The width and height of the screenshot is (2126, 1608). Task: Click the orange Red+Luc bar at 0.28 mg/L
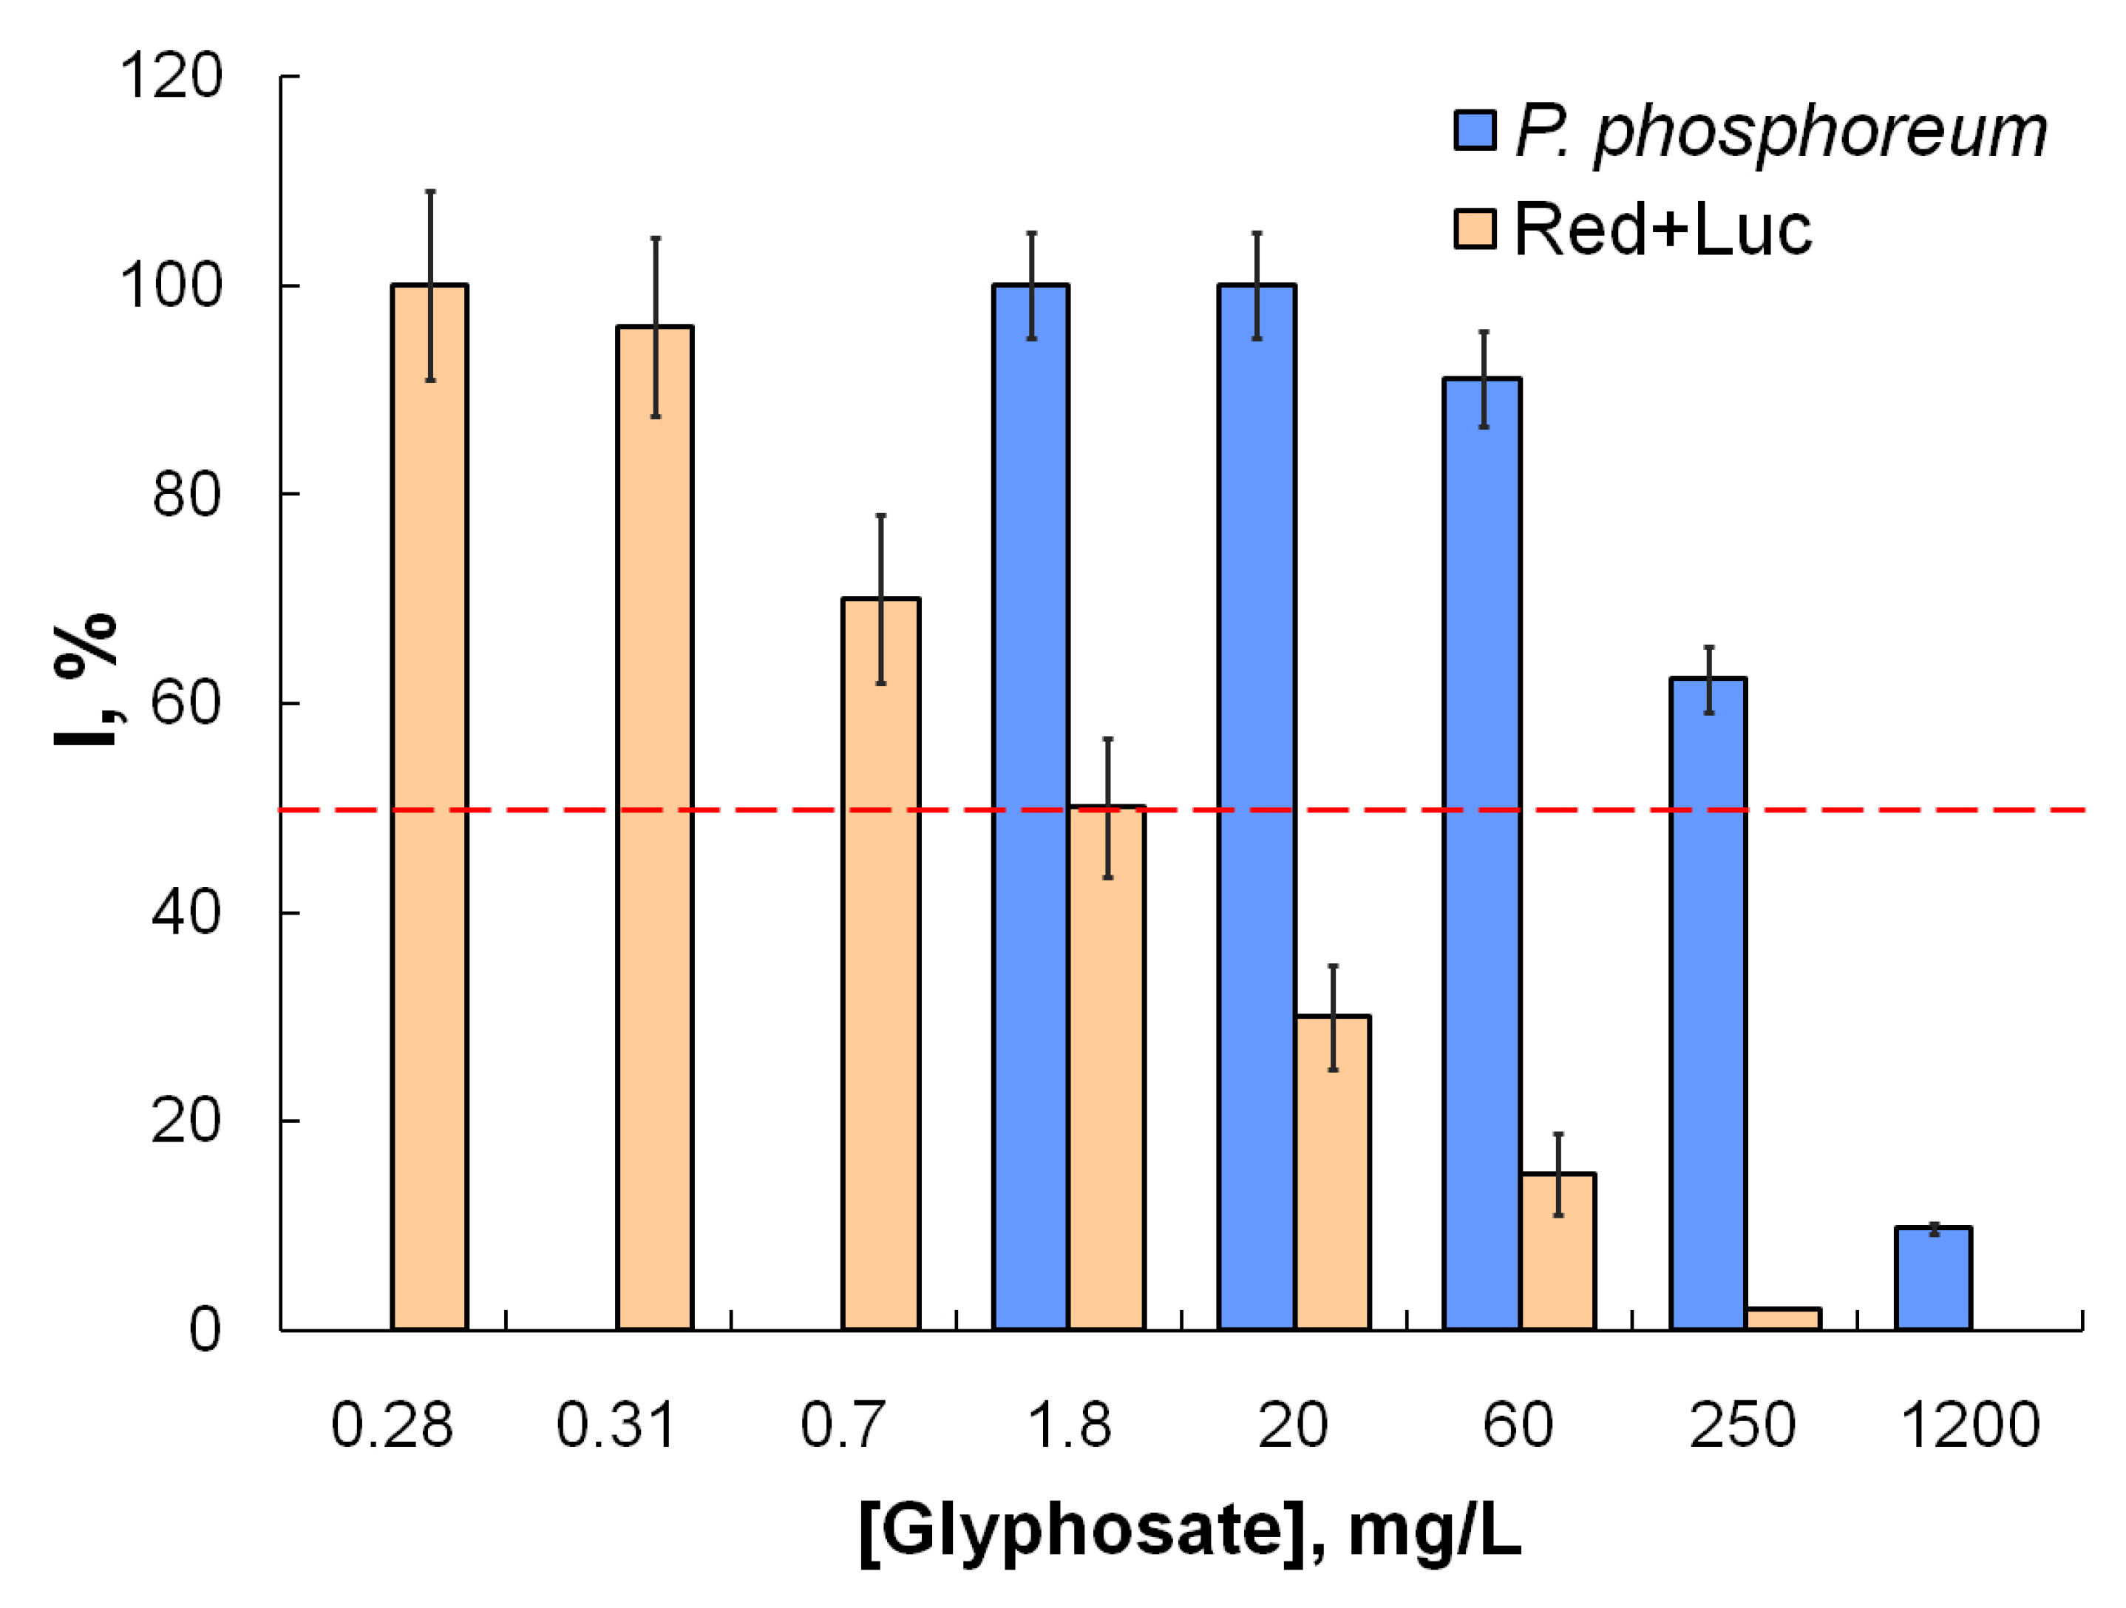coord(429,807)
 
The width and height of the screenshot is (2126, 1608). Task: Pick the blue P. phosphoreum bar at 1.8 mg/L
coord(1031,807)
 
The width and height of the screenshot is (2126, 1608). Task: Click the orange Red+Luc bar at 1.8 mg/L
coord(1107,1068)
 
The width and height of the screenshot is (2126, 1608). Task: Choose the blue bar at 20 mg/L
coord(1256,807)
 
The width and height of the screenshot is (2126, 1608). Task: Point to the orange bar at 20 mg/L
coord(1332,1173)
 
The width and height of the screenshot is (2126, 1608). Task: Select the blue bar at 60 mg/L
coord(1482,855)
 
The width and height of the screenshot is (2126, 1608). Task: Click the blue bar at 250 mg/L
coord(1708,1005)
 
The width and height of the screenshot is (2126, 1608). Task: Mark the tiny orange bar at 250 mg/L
coord(1784,1320)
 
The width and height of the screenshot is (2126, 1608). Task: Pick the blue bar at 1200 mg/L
coord(1934,1278)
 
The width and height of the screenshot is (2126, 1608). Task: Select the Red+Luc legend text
coord(1663,230)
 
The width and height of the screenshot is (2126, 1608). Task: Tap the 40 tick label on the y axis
coord(186,912)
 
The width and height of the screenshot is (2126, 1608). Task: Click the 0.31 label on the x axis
coord(616,1425)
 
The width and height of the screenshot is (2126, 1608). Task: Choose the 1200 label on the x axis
coord(1970,1425)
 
